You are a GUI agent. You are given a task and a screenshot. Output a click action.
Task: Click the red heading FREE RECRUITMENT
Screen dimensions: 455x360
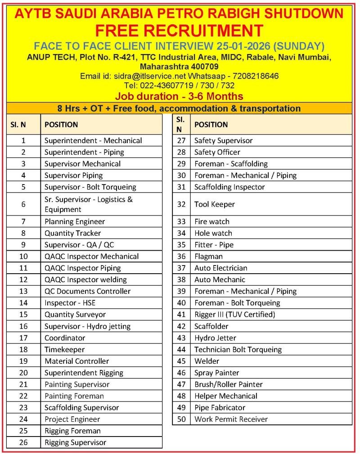click(179, 31)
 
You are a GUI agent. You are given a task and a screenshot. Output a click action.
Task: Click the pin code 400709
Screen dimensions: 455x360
click(202, 66)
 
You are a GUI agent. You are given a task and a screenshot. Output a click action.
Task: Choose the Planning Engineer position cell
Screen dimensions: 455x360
click(75, 221)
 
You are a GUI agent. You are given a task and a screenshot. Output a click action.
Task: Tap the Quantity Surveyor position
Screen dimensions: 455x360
click(75, 315)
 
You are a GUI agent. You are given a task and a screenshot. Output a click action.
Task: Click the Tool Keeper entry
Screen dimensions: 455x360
click(215, 204)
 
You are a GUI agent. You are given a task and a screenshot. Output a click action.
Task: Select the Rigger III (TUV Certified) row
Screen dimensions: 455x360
click(234, 315)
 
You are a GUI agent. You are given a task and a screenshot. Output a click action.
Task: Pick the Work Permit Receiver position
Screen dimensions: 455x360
click(231, 419)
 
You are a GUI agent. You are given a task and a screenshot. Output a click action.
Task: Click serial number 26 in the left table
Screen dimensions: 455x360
click(23, 442)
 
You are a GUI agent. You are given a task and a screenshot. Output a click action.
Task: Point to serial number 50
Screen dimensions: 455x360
click(181, 419)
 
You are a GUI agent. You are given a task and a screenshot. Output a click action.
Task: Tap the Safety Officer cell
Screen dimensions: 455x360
click(217, 152)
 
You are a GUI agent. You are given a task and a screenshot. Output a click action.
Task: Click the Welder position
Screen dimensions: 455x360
click(207, 361)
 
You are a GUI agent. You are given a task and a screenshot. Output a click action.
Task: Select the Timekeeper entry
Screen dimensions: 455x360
click(64, 349)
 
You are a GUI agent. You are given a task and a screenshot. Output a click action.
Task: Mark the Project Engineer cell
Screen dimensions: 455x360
click(72, 419)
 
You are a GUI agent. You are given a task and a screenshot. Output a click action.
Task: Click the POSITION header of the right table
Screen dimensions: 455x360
click(211, 125)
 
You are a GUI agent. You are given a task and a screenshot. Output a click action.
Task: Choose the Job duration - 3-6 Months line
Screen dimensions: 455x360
click(179, 96)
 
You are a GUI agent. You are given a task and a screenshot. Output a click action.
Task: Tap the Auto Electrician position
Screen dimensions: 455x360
click(221, 268)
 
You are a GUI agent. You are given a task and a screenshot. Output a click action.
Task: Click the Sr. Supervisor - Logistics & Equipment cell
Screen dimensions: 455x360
click(88, 204)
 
